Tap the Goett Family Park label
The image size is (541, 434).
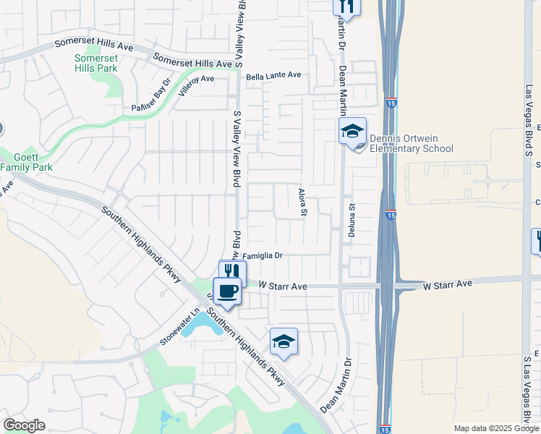[x=27, y=162]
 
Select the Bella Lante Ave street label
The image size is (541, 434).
[x=273, y=75]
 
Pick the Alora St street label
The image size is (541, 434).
[x=304, y=203]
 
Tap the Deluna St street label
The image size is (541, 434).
[x=354, y=216]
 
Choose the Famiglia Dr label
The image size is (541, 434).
[x=262, y=255]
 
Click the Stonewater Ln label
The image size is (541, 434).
[x=179, y=328]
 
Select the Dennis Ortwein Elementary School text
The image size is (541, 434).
[x=411, y=143]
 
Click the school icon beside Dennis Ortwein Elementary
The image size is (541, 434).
[x=352, y=131]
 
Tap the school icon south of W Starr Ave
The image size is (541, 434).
[x=284, y=341]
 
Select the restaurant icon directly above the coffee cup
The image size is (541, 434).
[x=232, y=271]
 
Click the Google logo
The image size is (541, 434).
[x=24, y=425]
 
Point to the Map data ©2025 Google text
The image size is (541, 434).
[x=495, y=428]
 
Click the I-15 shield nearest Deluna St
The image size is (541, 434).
[x=391, y=214]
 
